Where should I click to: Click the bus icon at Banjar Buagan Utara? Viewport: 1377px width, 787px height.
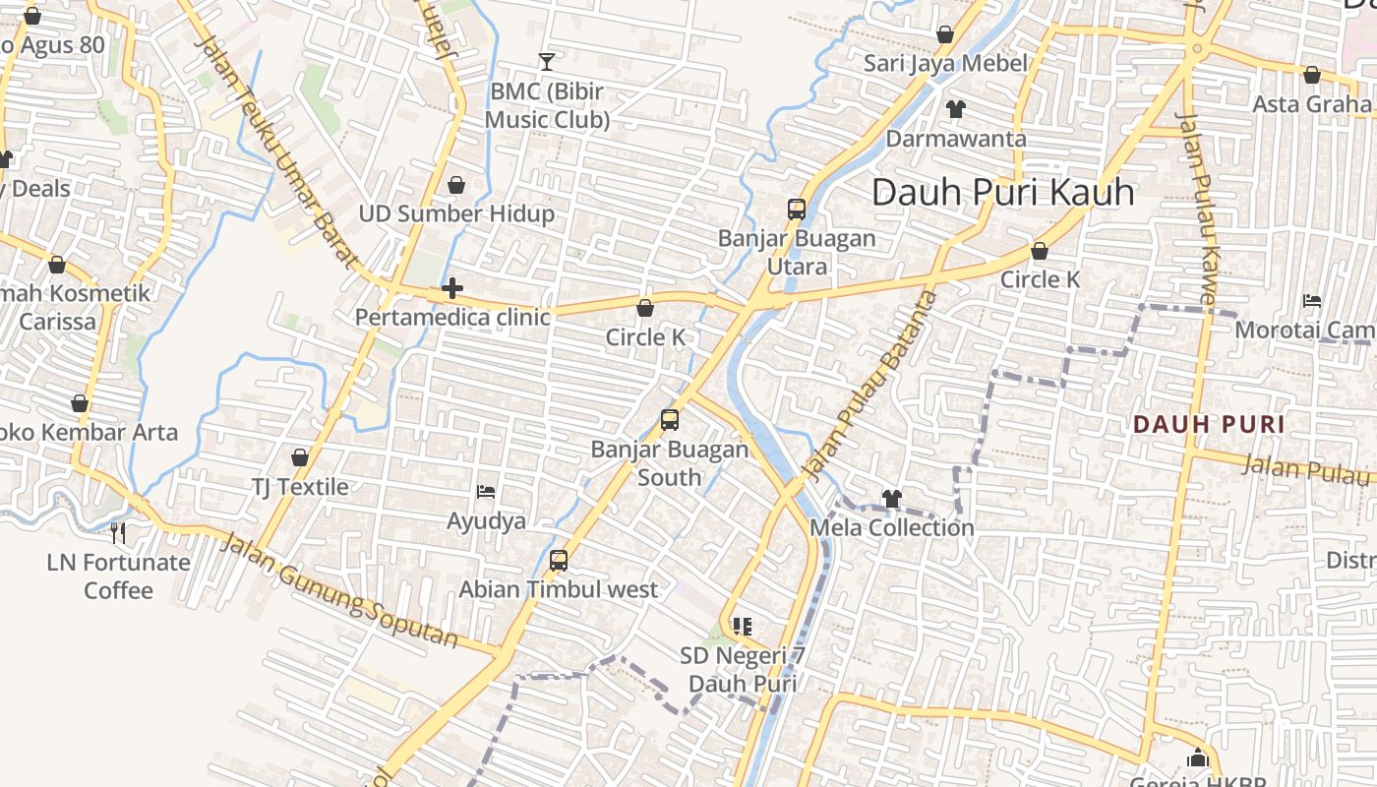[797, 209]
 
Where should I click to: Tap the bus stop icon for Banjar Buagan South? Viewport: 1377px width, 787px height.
[670, 420]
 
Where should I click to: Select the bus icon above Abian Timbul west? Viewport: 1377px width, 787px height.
[559, 561]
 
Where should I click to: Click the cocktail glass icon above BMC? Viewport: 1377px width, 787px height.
[547, 62]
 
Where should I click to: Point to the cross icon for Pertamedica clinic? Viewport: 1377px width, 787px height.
[452, 288]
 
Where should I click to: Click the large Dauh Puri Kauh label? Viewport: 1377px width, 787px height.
[1003, 192]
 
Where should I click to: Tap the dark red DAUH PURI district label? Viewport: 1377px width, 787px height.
[1209, 425]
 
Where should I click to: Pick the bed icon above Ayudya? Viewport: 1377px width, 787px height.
[486, 491]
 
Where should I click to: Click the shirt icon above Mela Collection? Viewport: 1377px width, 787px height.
[892, 499]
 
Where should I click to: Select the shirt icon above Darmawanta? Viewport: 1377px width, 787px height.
[955, 108]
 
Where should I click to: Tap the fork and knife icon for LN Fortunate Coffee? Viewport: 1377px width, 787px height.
[118, 533]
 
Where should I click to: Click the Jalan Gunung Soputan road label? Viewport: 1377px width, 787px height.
[339, 590]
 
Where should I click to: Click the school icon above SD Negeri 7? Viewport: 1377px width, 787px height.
[743, 626]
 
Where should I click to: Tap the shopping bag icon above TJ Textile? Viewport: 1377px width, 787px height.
[300, 457]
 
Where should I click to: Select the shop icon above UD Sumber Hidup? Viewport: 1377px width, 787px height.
[456, 185]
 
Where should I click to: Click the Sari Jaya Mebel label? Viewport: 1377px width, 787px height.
[944, 64]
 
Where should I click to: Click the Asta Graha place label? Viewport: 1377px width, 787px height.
[1312, 104]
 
